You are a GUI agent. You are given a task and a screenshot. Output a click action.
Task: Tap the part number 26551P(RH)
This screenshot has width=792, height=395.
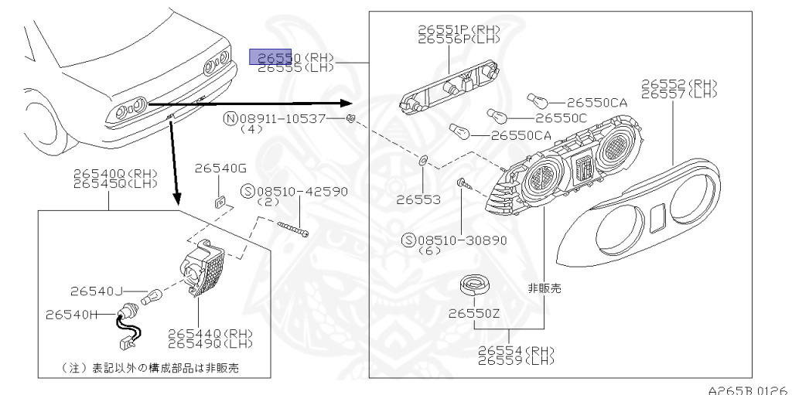click(x=459, y=29)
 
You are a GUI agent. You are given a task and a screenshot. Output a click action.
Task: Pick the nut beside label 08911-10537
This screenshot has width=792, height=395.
click(x=350, y=118)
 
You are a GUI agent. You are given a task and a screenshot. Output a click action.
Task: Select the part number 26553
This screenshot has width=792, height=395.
click(x=418, y=199)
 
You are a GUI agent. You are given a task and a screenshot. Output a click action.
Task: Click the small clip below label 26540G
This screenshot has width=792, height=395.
click(x=220, y=202)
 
